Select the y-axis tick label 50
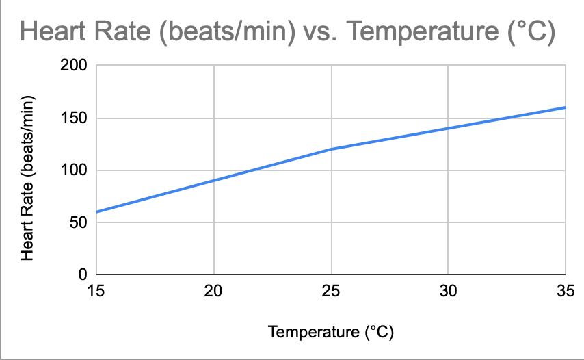(78, 222)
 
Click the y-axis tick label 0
(82, 274)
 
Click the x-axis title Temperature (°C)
(332, 333)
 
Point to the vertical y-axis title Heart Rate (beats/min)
(28, 177)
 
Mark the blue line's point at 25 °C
(332, 149)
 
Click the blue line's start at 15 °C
(96, 211)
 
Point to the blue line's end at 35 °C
(566, 107)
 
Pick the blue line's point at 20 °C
(214, 181)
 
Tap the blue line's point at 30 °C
(449, 128)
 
